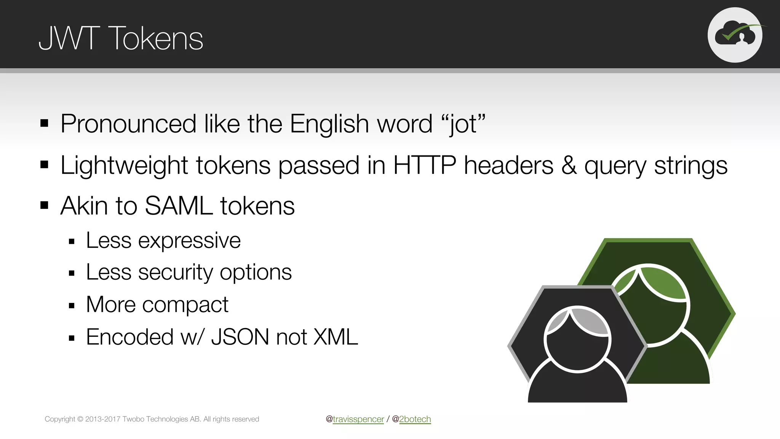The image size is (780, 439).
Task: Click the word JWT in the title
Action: click(x=69, y=38)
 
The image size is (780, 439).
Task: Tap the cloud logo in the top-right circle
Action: click(x=735, y=35)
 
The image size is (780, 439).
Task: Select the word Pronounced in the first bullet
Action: click(x=128, y=124)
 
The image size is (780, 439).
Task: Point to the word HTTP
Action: click(x=424, y=165)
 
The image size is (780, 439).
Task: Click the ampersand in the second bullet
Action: click(x=569, y=165)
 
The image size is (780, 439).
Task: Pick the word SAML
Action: click(x=179, y=206)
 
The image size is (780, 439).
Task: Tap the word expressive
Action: click(x=189, y=241)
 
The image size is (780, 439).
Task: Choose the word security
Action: click(x=176, y=272)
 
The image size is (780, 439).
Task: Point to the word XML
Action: click(x=336, y=337)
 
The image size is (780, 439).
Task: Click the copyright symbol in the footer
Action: click(x=80, y=419)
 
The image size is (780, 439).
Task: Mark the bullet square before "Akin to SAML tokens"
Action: click(x=45, y=206)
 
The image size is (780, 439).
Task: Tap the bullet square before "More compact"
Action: click(x=72, y=306)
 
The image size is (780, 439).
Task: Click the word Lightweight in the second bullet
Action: click(x=124, y=165)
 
